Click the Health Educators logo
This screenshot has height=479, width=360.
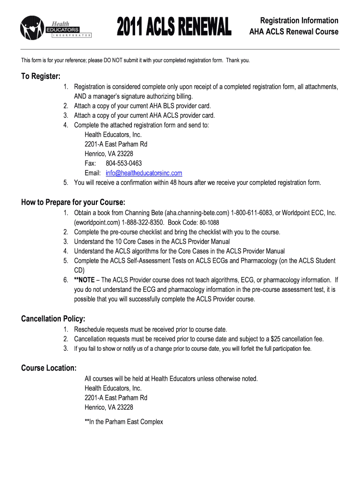coord(55,28)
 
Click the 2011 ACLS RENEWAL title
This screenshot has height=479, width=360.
coord(174,26)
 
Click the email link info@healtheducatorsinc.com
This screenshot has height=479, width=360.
coord(144,173)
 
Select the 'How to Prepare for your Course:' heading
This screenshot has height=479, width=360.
coord(73,203)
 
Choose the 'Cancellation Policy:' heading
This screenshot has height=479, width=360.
coord(53,319)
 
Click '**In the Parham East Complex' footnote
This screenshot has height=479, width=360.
coord(124,421)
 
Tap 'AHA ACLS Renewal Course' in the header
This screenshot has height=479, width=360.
coord(294,32)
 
